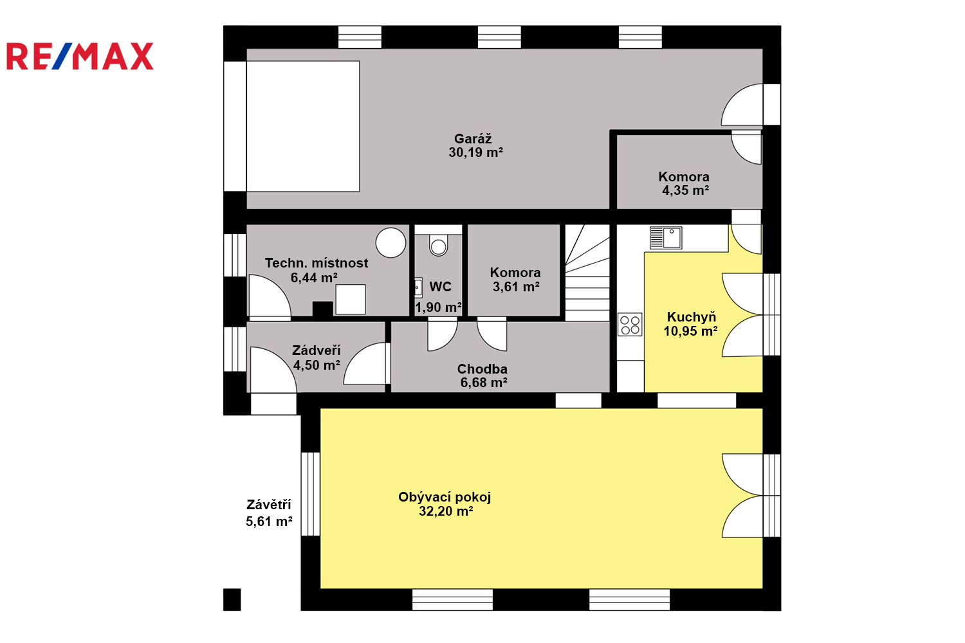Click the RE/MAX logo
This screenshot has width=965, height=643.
click(80, 56)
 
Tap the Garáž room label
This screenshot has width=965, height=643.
click(473, 139)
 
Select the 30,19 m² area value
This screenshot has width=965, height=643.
click(475, 152)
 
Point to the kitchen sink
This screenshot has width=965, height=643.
click(666, 238)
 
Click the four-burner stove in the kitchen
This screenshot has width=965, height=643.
click(630, 325)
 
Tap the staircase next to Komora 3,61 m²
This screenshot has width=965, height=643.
click(587, 273)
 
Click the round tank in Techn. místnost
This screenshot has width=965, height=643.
click(391, 242)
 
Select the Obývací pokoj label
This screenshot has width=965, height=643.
click(445, 497)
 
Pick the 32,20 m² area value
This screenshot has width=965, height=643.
click(446, 511)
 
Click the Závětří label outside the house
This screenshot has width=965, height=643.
click(269, 504)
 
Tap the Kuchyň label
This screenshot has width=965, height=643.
click(692, 317)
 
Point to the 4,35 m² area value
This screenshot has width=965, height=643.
click(685, 190)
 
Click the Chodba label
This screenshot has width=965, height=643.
click(482, 368)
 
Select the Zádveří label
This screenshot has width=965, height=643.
click(317, 350)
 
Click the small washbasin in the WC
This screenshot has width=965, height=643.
click(418, 288)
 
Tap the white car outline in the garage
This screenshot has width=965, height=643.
click(303, 126)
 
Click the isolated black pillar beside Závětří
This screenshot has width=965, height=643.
click(232, 599)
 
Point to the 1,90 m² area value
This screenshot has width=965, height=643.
click(438, 307)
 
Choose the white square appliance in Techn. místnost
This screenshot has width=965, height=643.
click(351, 299)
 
